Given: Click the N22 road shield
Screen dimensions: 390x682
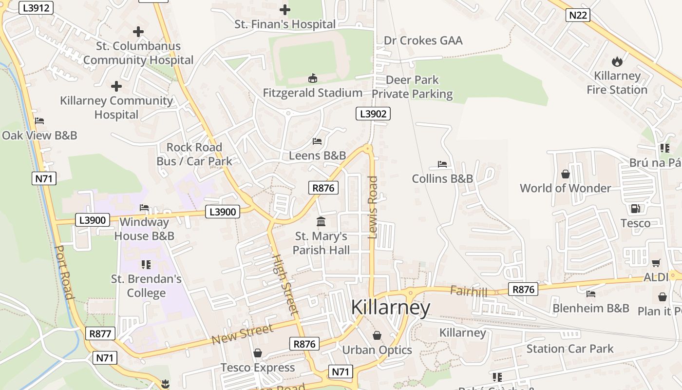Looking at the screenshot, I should point(578,15).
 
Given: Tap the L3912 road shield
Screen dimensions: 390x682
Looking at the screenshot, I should point(36,8).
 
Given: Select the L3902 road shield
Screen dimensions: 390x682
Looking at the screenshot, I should point(373,114).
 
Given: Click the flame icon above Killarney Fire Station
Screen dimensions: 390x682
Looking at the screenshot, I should point(617,61).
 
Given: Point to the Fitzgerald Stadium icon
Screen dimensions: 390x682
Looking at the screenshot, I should point(313,78).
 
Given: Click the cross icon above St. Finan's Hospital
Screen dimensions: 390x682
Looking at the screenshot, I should point(285,9).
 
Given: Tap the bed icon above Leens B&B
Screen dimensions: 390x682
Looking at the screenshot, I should point(317,141).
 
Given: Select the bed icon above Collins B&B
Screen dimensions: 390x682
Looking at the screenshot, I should point(442,164).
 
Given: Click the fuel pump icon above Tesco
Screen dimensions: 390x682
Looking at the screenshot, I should point(635,209).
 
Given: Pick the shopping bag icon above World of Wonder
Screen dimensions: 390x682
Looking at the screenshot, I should point(565,174).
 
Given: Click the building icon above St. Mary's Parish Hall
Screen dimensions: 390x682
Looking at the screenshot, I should point(321,222).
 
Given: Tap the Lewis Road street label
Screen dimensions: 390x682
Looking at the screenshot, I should point(373,207).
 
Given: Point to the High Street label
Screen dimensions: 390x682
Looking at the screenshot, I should point(284,284).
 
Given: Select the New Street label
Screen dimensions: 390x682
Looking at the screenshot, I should point(242,335).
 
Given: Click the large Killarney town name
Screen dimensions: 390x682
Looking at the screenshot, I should point(390,308).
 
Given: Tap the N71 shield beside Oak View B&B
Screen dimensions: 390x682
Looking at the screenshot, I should point(44,178).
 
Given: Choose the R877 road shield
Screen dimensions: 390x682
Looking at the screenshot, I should point(101,334).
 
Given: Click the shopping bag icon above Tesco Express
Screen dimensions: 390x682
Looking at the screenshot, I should point(258,353).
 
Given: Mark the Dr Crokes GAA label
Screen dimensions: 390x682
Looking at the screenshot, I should point(423,40).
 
